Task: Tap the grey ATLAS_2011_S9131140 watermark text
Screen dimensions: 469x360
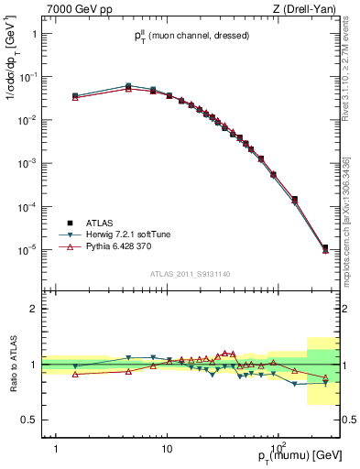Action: click(191, 273)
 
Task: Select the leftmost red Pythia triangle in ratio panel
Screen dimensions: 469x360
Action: click(75, 374)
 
